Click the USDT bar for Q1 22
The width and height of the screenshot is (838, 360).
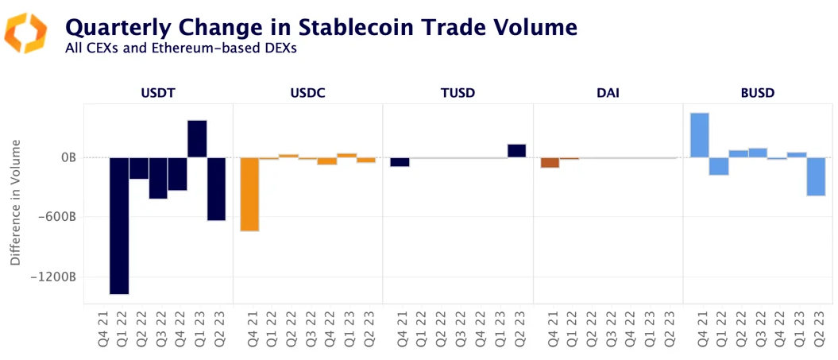pos(119,226)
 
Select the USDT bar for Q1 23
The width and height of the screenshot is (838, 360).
pos(197,139)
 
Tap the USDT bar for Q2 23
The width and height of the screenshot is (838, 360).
pos(217,188)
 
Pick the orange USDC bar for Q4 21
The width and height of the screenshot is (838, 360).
pos(249,194)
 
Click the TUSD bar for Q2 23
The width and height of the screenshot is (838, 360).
pos(516,151)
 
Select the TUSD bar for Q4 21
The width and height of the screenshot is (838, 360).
pos(400,161)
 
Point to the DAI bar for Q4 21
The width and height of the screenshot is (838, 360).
pos(550,162)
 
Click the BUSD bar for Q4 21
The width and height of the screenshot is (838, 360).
pos(700,135)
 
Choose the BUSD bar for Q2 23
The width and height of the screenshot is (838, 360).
pos(817,176)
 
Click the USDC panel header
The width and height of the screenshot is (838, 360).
pos(307,93)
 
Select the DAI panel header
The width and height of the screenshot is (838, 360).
pos(608,93)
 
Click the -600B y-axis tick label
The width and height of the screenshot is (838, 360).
pos(61,217)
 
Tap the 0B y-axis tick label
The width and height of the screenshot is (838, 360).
pos(68,157)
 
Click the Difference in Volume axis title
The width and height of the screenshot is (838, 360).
pos(16,202)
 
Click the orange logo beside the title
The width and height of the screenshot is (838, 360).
pos(25,33)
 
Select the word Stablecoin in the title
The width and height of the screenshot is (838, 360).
pos(347,27)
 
